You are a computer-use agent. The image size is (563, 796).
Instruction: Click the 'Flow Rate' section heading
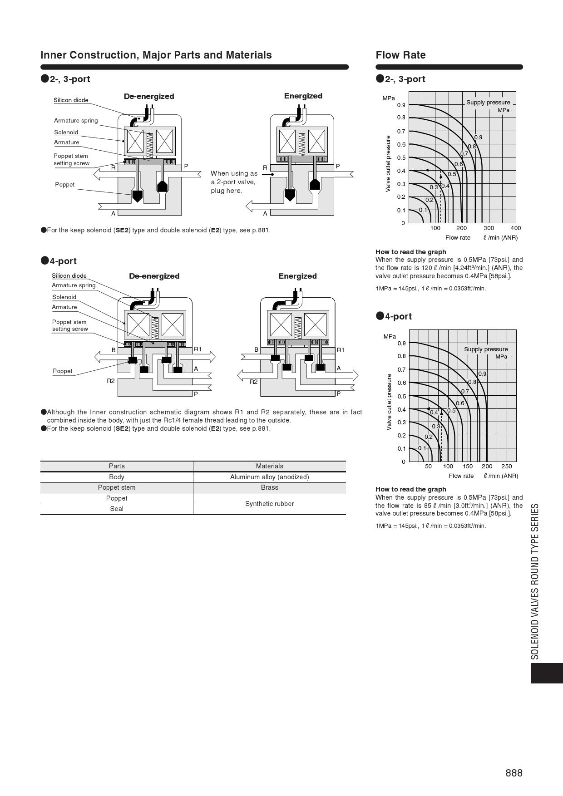click(x=400, y=55)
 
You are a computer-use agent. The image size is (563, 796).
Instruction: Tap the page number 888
click(x=514, y=773)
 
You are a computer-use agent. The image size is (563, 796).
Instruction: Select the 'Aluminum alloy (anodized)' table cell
click(x=269, y=477)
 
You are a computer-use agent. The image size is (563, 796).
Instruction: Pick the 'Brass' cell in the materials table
click(x=269, y=487)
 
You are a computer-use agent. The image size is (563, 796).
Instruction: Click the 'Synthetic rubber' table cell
click(x=269, y=504)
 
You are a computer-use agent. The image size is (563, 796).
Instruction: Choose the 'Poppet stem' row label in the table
click(x=117, y=487)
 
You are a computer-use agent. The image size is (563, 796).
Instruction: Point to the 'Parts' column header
click(x=117, y=466)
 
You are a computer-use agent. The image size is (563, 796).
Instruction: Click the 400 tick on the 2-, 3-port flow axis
click(x=515, y=228)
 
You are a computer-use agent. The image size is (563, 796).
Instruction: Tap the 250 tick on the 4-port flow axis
click(x=506, y=467)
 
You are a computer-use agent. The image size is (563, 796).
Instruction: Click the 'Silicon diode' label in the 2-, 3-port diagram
click(x=71, y=100)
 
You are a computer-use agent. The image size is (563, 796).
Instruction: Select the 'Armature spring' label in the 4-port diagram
click(x=74, y=285)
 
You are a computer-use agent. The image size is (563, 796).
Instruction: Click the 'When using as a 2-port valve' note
click(x=233, y=182)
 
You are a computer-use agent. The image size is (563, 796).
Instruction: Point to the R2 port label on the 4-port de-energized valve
click(x=111, y=381)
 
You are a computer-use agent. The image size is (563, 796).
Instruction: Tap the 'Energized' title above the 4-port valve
click(x=297, y=276)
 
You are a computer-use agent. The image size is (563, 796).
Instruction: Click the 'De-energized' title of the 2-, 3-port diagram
click(x=149, y=96)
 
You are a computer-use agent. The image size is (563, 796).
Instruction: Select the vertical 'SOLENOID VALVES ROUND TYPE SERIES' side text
click(x=535, y=581)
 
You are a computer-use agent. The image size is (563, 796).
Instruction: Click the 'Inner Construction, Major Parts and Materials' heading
click(x=156, y=55)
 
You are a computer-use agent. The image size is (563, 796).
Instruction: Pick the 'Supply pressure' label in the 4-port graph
click(x=486, y=349)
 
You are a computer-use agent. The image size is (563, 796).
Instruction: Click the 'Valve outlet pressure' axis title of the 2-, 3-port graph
click(x=388, y=163)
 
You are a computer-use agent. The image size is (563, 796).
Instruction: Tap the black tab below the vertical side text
click(x=547, y=673)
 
